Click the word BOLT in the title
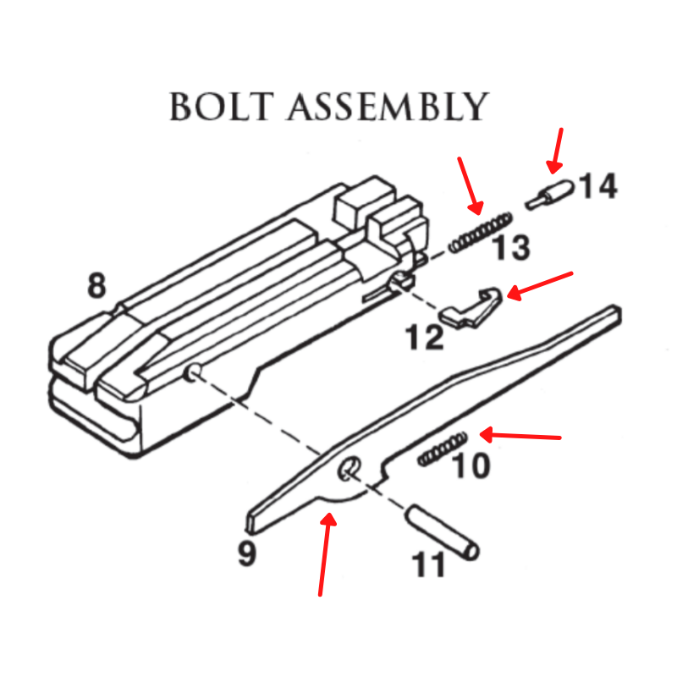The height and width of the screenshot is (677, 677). (x=222, y=107)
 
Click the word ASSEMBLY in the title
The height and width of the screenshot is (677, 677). (x=388, y=107)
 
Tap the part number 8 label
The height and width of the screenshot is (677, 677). (x=96, y=285)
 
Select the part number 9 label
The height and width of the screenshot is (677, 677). (x=247, y=553)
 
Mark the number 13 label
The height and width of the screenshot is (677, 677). (x=511, y=247)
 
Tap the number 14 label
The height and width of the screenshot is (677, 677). (x=598, y=186)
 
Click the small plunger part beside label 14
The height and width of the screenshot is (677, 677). (x=549, y=195)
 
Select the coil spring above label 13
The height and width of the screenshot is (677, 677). (x=481, y=233)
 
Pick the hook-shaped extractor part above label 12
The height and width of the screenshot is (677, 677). (x=471, y=307)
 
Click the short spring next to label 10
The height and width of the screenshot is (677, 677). (x=442, y=449)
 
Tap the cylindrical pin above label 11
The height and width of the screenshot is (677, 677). (x=443, y=533)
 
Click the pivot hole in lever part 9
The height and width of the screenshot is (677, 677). (x=350, y=470)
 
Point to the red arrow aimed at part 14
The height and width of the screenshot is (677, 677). (x=556, y=151)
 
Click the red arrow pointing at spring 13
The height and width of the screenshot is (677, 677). (x=471, y=186)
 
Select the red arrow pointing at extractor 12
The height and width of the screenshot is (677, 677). (x=540, y=286)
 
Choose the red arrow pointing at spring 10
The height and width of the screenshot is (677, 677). (x=520, y=436)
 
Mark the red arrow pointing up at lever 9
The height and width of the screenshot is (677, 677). (x=326, y=554)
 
